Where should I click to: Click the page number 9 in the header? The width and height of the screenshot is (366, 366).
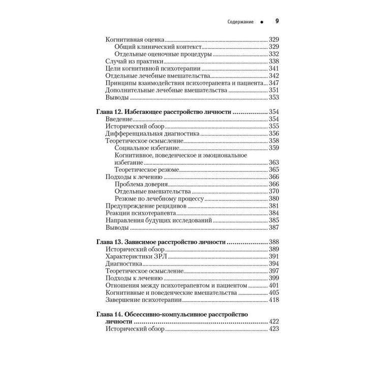277,21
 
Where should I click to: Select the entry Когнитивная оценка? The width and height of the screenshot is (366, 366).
135,40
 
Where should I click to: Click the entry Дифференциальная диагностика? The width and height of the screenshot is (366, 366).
151,133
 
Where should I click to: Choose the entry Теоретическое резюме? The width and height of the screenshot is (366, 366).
147,170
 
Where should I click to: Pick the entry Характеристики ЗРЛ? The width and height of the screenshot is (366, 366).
135,257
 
